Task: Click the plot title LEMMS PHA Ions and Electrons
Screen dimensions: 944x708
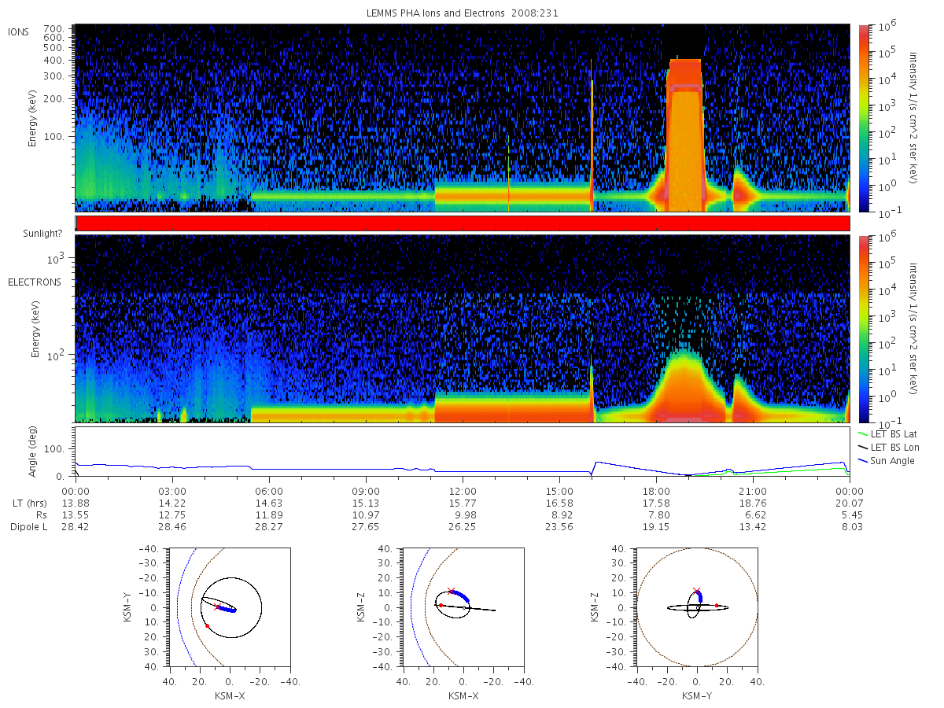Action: (x=435, y=13)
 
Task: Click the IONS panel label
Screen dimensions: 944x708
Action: (x=18, y=32)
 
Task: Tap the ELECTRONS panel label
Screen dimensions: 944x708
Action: (x=35, y=282)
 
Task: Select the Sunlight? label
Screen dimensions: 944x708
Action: (x=42, y=234)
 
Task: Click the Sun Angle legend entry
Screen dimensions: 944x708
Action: (x=887, y=461)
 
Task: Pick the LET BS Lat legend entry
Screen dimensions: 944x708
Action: (x=887, y=434)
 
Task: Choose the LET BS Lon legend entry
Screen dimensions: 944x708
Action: (x=889, y=448)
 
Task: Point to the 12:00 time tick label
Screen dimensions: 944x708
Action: (x=463, y=492)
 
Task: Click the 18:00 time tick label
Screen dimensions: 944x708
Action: (x=656, y=492)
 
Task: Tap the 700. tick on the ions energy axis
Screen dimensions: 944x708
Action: (x=53, y=28)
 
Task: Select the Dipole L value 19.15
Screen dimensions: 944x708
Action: (x=656, y=526)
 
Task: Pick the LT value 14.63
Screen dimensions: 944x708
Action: (x=269, y=503)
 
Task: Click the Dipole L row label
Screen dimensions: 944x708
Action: (x=28, y=526)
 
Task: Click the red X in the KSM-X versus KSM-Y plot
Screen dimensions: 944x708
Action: (x=217, y=607)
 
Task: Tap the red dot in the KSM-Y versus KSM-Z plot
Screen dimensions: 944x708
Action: (x=716, y=605)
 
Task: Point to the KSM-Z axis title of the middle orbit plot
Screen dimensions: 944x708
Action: (x=361, y=607)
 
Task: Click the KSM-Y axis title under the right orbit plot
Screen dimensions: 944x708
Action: (x=697, y=696)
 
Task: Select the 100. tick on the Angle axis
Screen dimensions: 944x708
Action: (x=54, y=448)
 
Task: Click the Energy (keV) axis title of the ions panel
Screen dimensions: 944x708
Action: (x=31, y=118)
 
